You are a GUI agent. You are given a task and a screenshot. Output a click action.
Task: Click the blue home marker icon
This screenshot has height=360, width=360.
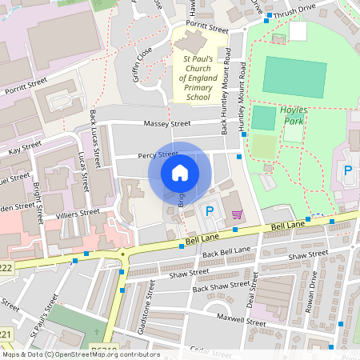[180, 173]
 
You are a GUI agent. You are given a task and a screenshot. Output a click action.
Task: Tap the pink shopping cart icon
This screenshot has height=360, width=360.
[237, 214]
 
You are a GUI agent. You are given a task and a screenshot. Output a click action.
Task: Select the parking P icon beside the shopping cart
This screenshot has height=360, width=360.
[210, 212]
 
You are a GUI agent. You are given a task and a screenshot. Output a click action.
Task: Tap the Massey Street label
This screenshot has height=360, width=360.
[167, 124]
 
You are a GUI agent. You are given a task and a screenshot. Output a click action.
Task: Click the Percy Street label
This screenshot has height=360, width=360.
[157, 154]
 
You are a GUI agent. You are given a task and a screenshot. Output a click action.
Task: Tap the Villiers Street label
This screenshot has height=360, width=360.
[78, 214]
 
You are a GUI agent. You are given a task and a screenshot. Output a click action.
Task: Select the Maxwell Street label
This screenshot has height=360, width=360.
[245, 322]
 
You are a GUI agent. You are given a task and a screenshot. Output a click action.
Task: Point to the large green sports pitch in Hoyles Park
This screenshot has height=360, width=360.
[295, 77]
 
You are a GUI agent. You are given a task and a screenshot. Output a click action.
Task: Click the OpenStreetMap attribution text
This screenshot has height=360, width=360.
[81, 354]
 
